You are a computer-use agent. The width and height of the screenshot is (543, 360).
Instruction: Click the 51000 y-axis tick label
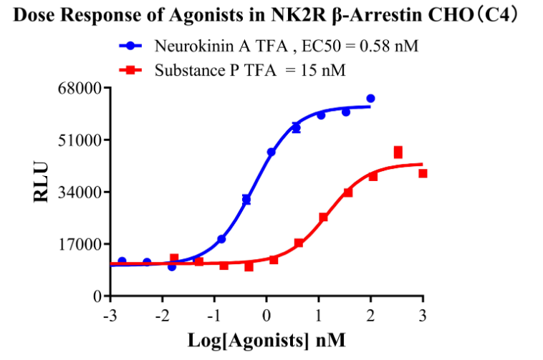(x=81, y=140)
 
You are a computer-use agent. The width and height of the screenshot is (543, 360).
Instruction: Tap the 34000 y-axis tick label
(x=81, y=192)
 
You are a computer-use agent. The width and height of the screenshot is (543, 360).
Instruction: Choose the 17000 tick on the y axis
(x=81, y=244)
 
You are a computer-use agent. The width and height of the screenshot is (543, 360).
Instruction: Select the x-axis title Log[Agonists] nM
(x=266, y=341)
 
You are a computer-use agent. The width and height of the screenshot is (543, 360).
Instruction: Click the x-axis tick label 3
(x=423, y=316)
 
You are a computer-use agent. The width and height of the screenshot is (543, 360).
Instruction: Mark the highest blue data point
(x=370, y=98)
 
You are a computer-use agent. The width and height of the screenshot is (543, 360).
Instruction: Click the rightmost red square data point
(x=423, y=173)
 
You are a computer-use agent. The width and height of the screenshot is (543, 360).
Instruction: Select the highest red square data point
(x=398, y=152)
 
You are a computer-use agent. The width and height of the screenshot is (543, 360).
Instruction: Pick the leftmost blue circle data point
(x=122, y=261)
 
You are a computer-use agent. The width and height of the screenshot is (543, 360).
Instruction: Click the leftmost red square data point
(x=174, y=258)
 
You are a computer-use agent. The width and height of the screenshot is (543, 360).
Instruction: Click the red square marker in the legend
(x=130, y=70)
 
